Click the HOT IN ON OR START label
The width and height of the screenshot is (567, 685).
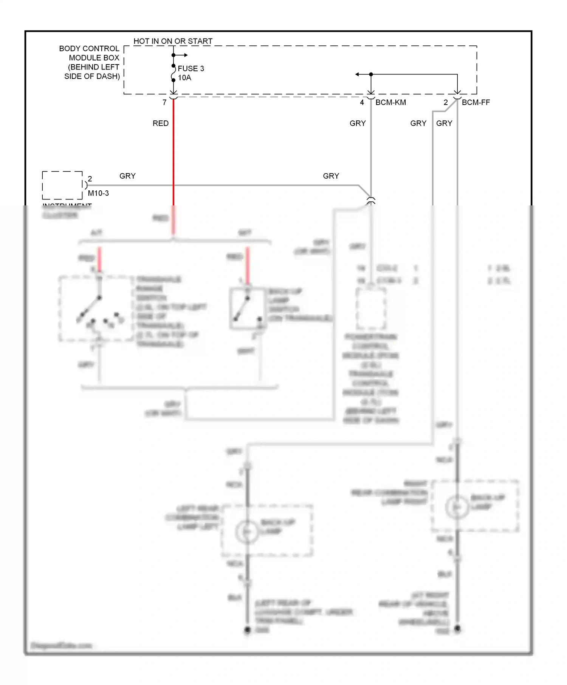click(x=173, y=41)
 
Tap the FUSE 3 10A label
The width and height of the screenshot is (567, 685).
click(x=191, y=73)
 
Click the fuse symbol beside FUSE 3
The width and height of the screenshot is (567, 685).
click(x=174, y=73)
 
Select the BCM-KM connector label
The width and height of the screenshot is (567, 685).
click(x=390, y=102)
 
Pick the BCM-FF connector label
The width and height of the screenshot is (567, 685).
click(x=476, y=102)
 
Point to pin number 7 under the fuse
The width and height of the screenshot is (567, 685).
click(x=164, y=102)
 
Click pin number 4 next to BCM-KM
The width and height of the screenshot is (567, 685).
click(x=362, y=102)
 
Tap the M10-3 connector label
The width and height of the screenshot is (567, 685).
click(x=98, y=193)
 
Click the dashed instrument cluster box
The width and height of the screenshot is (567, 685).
click(x=62, y=185)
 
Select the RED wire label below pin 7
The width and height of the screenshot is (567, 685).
click(x=160, y=123)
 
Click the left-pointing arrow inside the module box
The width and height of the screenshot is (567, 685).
click(x=358, y=74)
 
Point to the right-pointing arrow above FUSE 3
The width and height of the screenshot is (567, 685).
click(x=185, y=55)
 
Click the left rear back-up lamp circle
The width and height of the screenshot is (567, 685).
click(x=247, y=532)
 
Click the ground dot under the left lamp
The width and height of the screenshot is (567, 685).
click(x=247, y=630)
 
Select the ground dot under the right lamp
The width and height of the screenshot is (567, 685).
click(x=457, y=629)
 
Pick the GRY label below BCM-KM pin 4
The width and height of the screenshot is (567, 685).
click(x=357, y=123)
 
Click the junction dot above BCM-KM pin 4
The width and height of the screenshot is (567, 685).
click(x=371, y=74)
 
